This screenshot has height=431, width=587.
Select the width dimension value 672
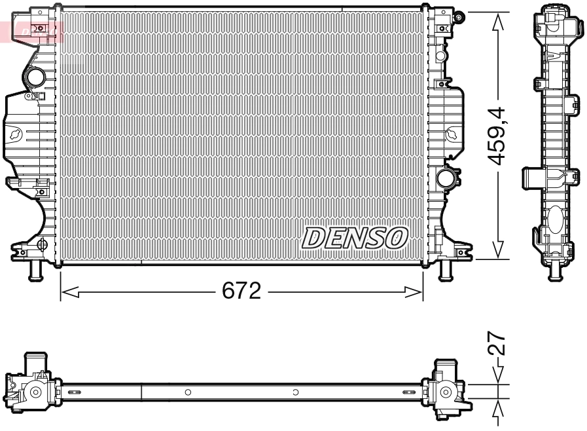pyautogui.click(x=241, y=290)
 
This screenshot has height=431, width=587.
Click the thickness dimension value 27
pyautogui.click(x=499, y=343)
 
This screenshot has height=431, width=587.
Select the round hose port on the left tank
pyautogui.click(x=35, y=79)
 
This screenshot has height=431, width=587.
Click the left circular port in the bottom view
pyautogui.click(x=35, y=392)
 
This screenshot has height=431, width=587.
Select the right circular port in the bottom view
pyautogui.click(x=446, y=392)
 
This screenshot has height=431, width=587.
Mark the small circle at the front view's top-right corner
pyautogui.click(x=460, y=13)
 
